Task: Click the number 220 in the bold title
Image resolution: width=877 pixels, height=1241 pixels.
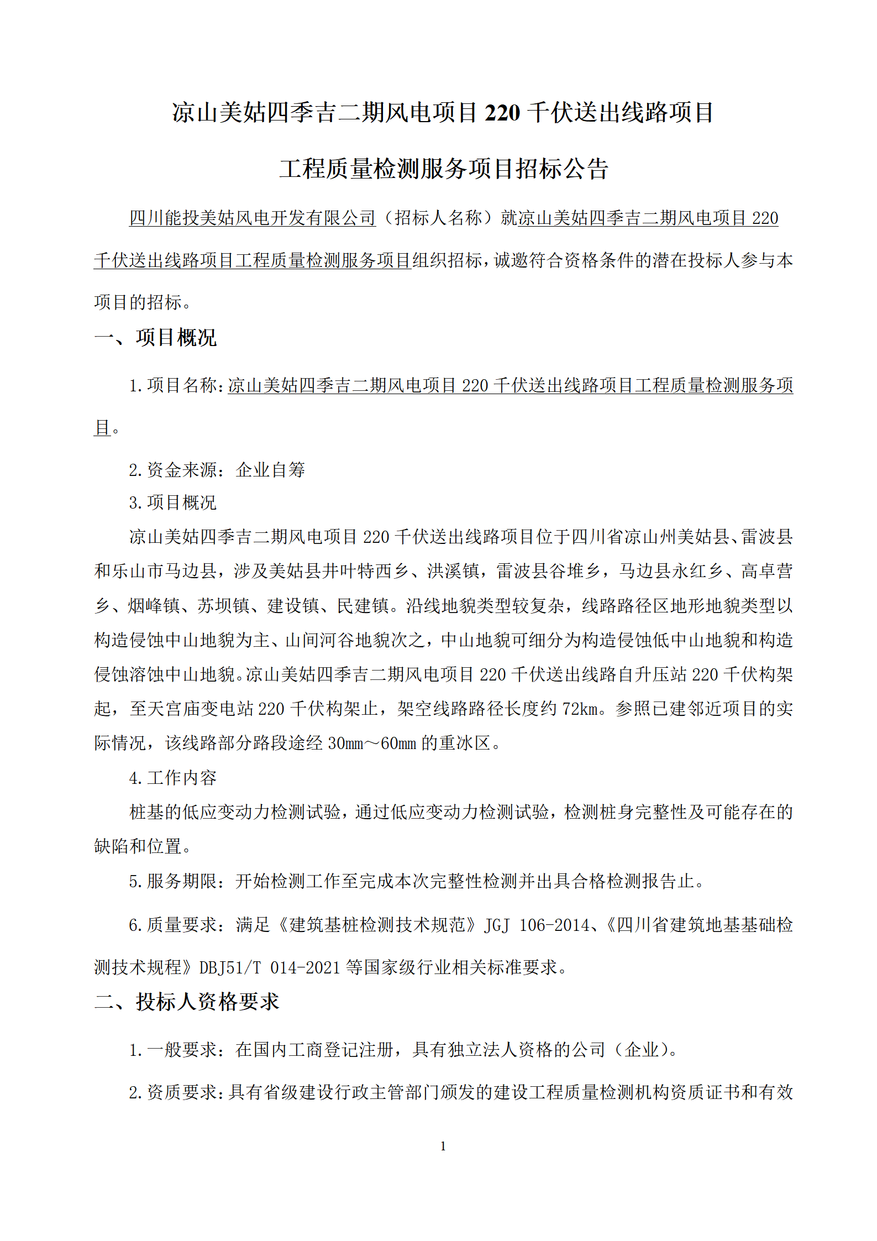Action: point(502,113)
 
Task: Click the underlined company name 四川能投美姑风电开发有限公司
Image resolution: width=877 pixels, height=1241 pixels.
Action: point(253,218)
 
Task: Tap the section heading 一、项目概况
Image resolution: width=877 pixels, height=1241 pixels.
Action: point(155,338)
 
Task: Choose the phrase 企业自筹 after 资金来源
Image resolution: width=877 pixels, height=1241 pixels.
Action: point(271,470)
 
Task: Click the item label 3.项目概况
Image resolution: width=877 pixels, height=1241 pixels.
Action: point(172,502)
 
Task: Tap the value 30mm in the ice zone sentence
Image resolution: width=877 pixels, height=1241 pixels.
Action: point(345,743)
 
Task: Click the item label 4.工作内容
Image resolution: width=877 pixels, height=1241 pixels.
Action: point(172,778)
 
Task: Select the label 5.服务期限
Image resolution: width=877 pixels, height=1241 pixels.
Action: point(172,881)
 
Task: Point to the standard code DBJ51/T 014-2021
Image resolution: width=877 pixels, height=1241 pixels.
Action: point(269,967)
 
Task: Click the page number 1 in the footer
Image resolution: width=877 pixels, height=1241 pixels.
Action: point(443,1146)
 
